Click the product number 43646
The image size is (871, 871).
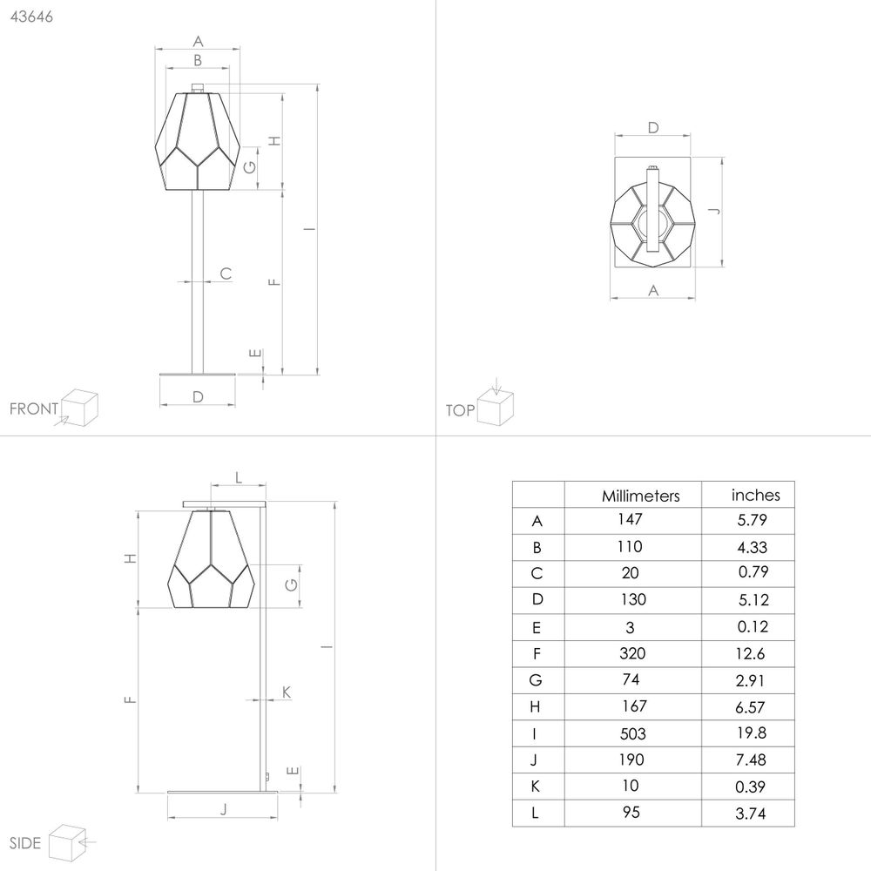(x=31, y=17)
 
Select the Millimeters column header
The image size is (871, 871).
(x=640, y=496)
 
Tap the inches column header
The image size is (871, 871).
(x=755, y=495)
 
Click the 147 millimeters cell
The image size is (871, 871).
(x=630, y=519)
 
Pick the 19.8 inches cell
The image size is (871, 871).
(x=752, y=733)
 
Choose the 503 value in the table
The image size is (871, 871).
(x=632, y=733)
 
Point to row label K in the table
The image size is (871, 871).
(x=536, y=787)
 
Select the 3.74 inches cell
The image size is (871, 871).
(x=751, y=814)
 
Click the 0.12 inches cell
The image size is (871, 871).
(x=753, y=626)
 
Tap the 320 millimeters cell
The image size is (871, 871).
(x=632, y=653)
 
